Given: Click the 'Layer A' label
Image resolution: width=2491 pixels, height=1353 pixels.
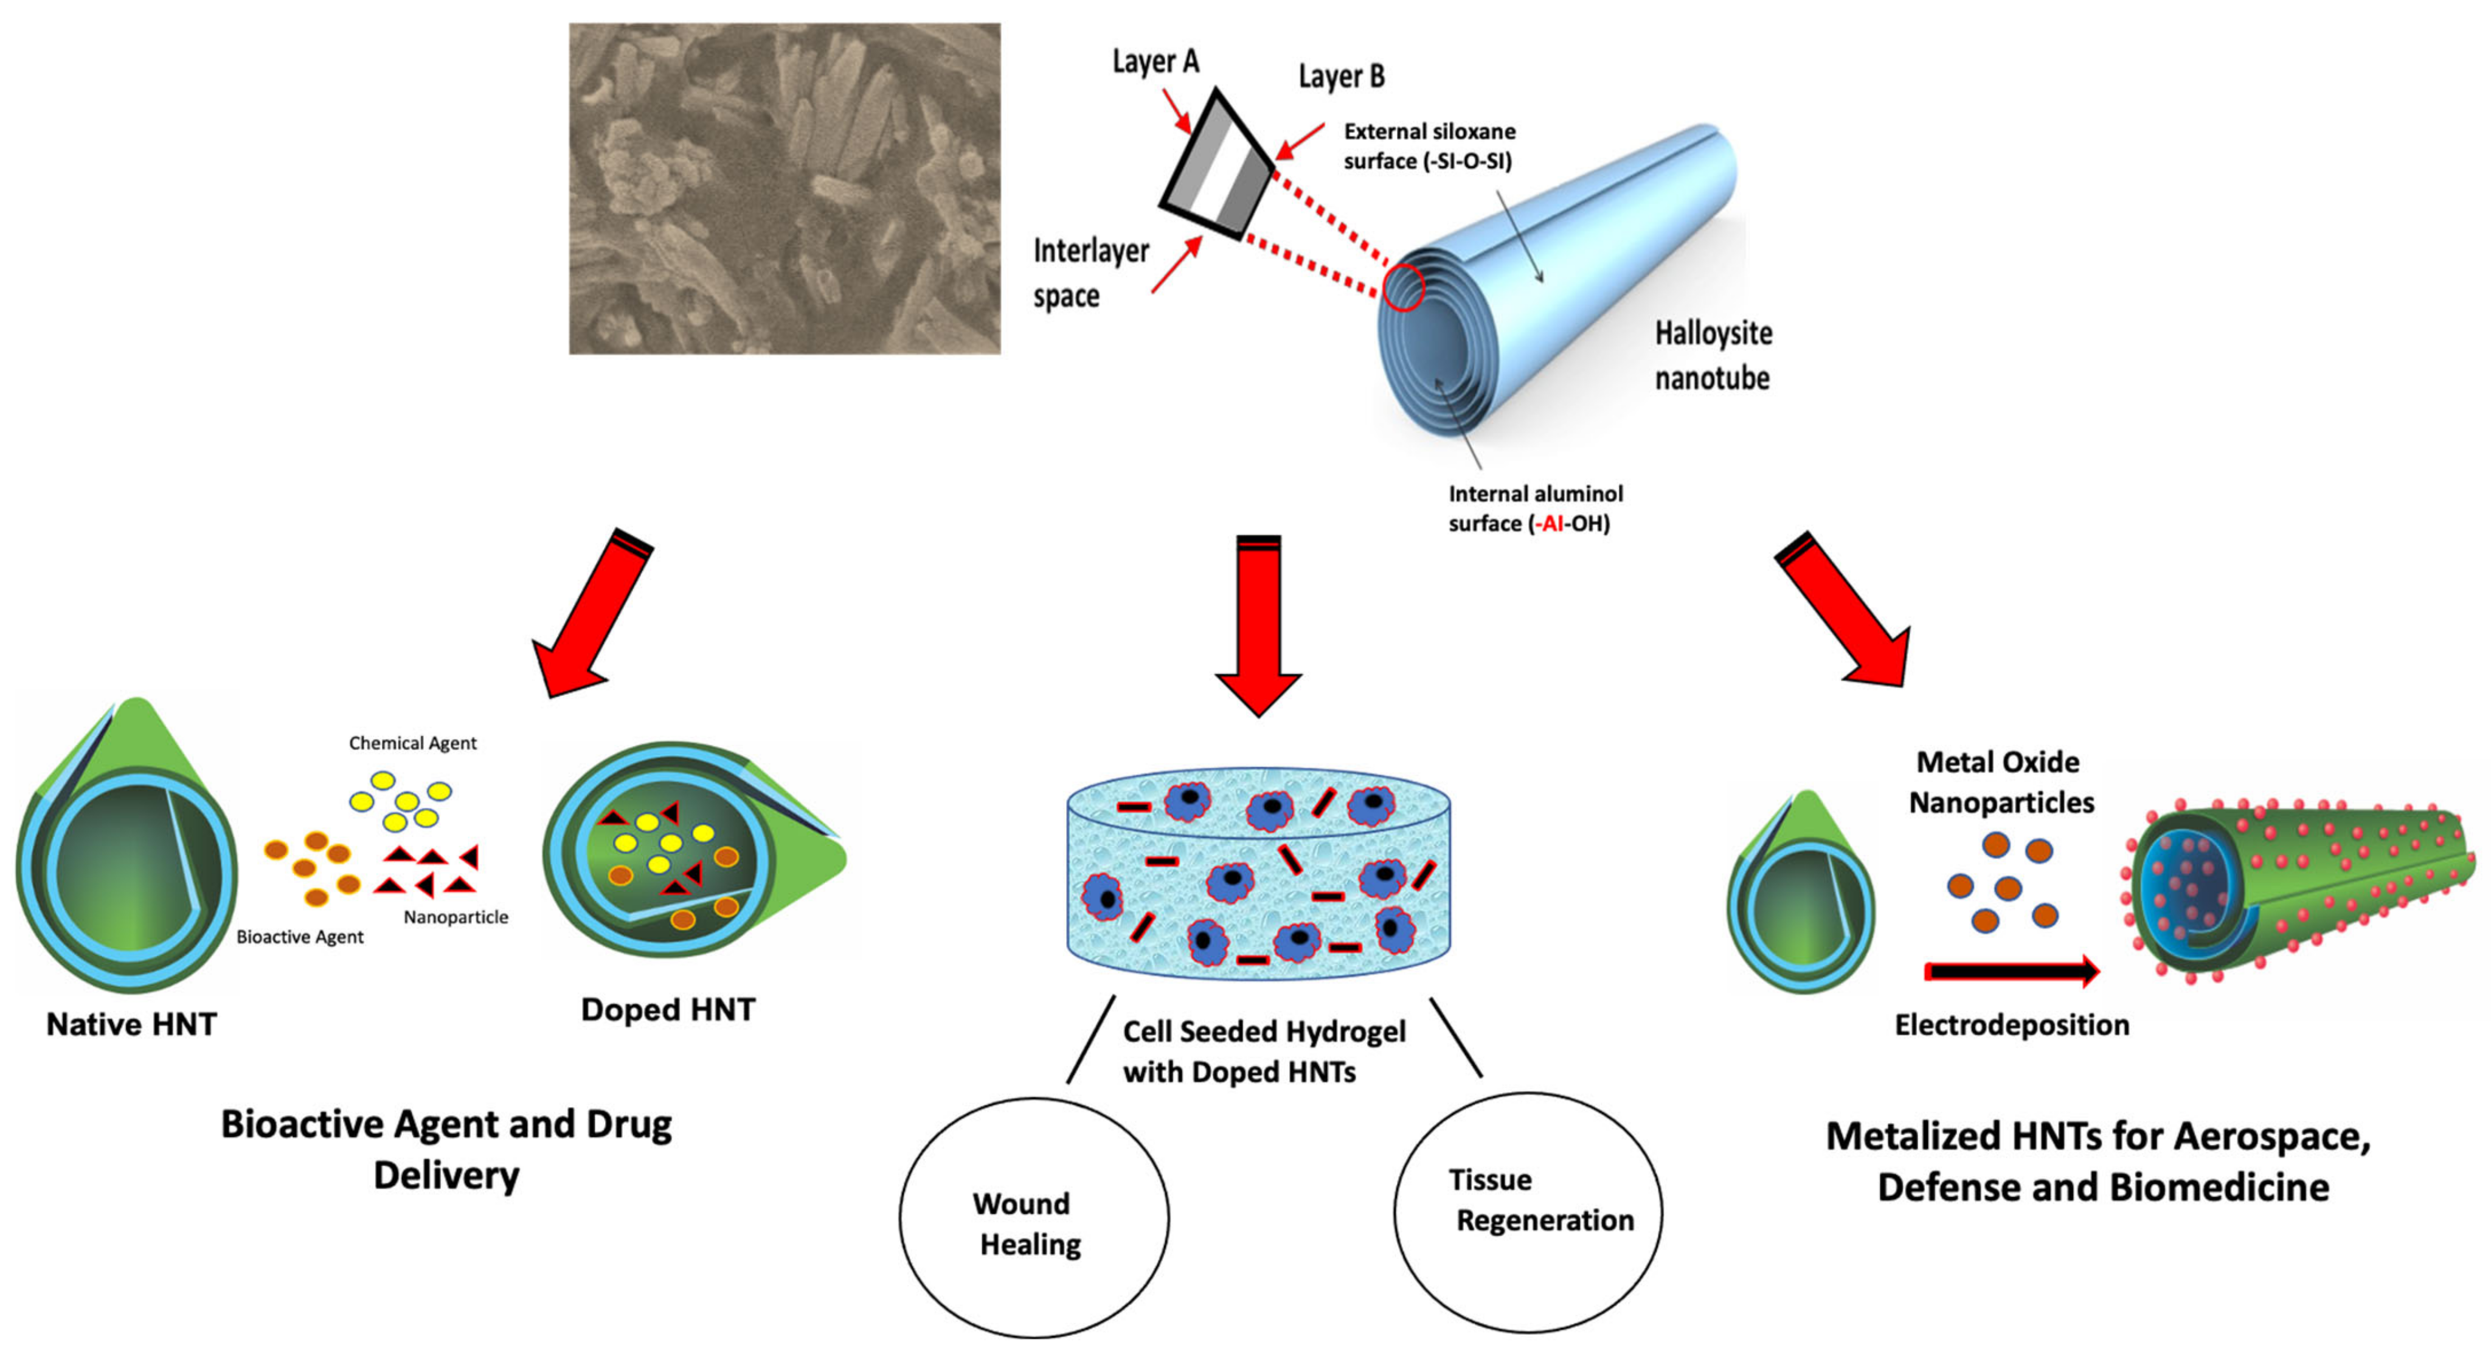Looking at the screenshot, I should tap(1155, 62).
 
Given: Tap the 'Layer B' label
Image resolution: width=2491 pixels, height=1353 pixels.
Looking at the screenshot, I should tap(1340, 77).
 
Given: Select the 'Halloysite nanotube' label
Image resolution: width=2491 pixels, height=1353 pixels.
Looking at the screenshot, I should tap(1713, 355).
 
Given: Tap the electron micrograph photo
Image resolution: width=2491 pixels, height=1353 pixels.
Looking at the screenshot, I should tap(785, 189).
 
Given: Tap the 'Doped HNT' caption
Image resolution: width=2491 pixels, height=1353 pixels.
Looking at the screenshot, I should tap(667, 1010).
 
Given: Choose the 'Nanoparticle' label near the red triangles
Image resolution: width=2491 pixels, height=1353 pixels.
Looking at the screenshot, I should tap(456, 917).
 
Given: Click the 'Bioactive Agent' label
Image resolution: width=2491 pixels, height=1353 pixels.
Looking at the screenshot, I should tap(300, 936).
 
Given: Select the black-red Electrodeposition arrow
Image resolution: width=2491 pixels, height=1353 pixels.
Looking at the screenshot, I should tap(2011, 971).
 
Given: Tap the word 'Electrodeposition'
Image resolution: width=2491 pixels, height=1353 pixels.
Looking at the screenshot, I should tap(2011, 1024).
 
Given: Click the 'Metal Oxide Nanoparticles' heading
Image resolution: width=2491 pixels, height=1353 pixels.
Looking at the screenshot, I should tap(2000, 781).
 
